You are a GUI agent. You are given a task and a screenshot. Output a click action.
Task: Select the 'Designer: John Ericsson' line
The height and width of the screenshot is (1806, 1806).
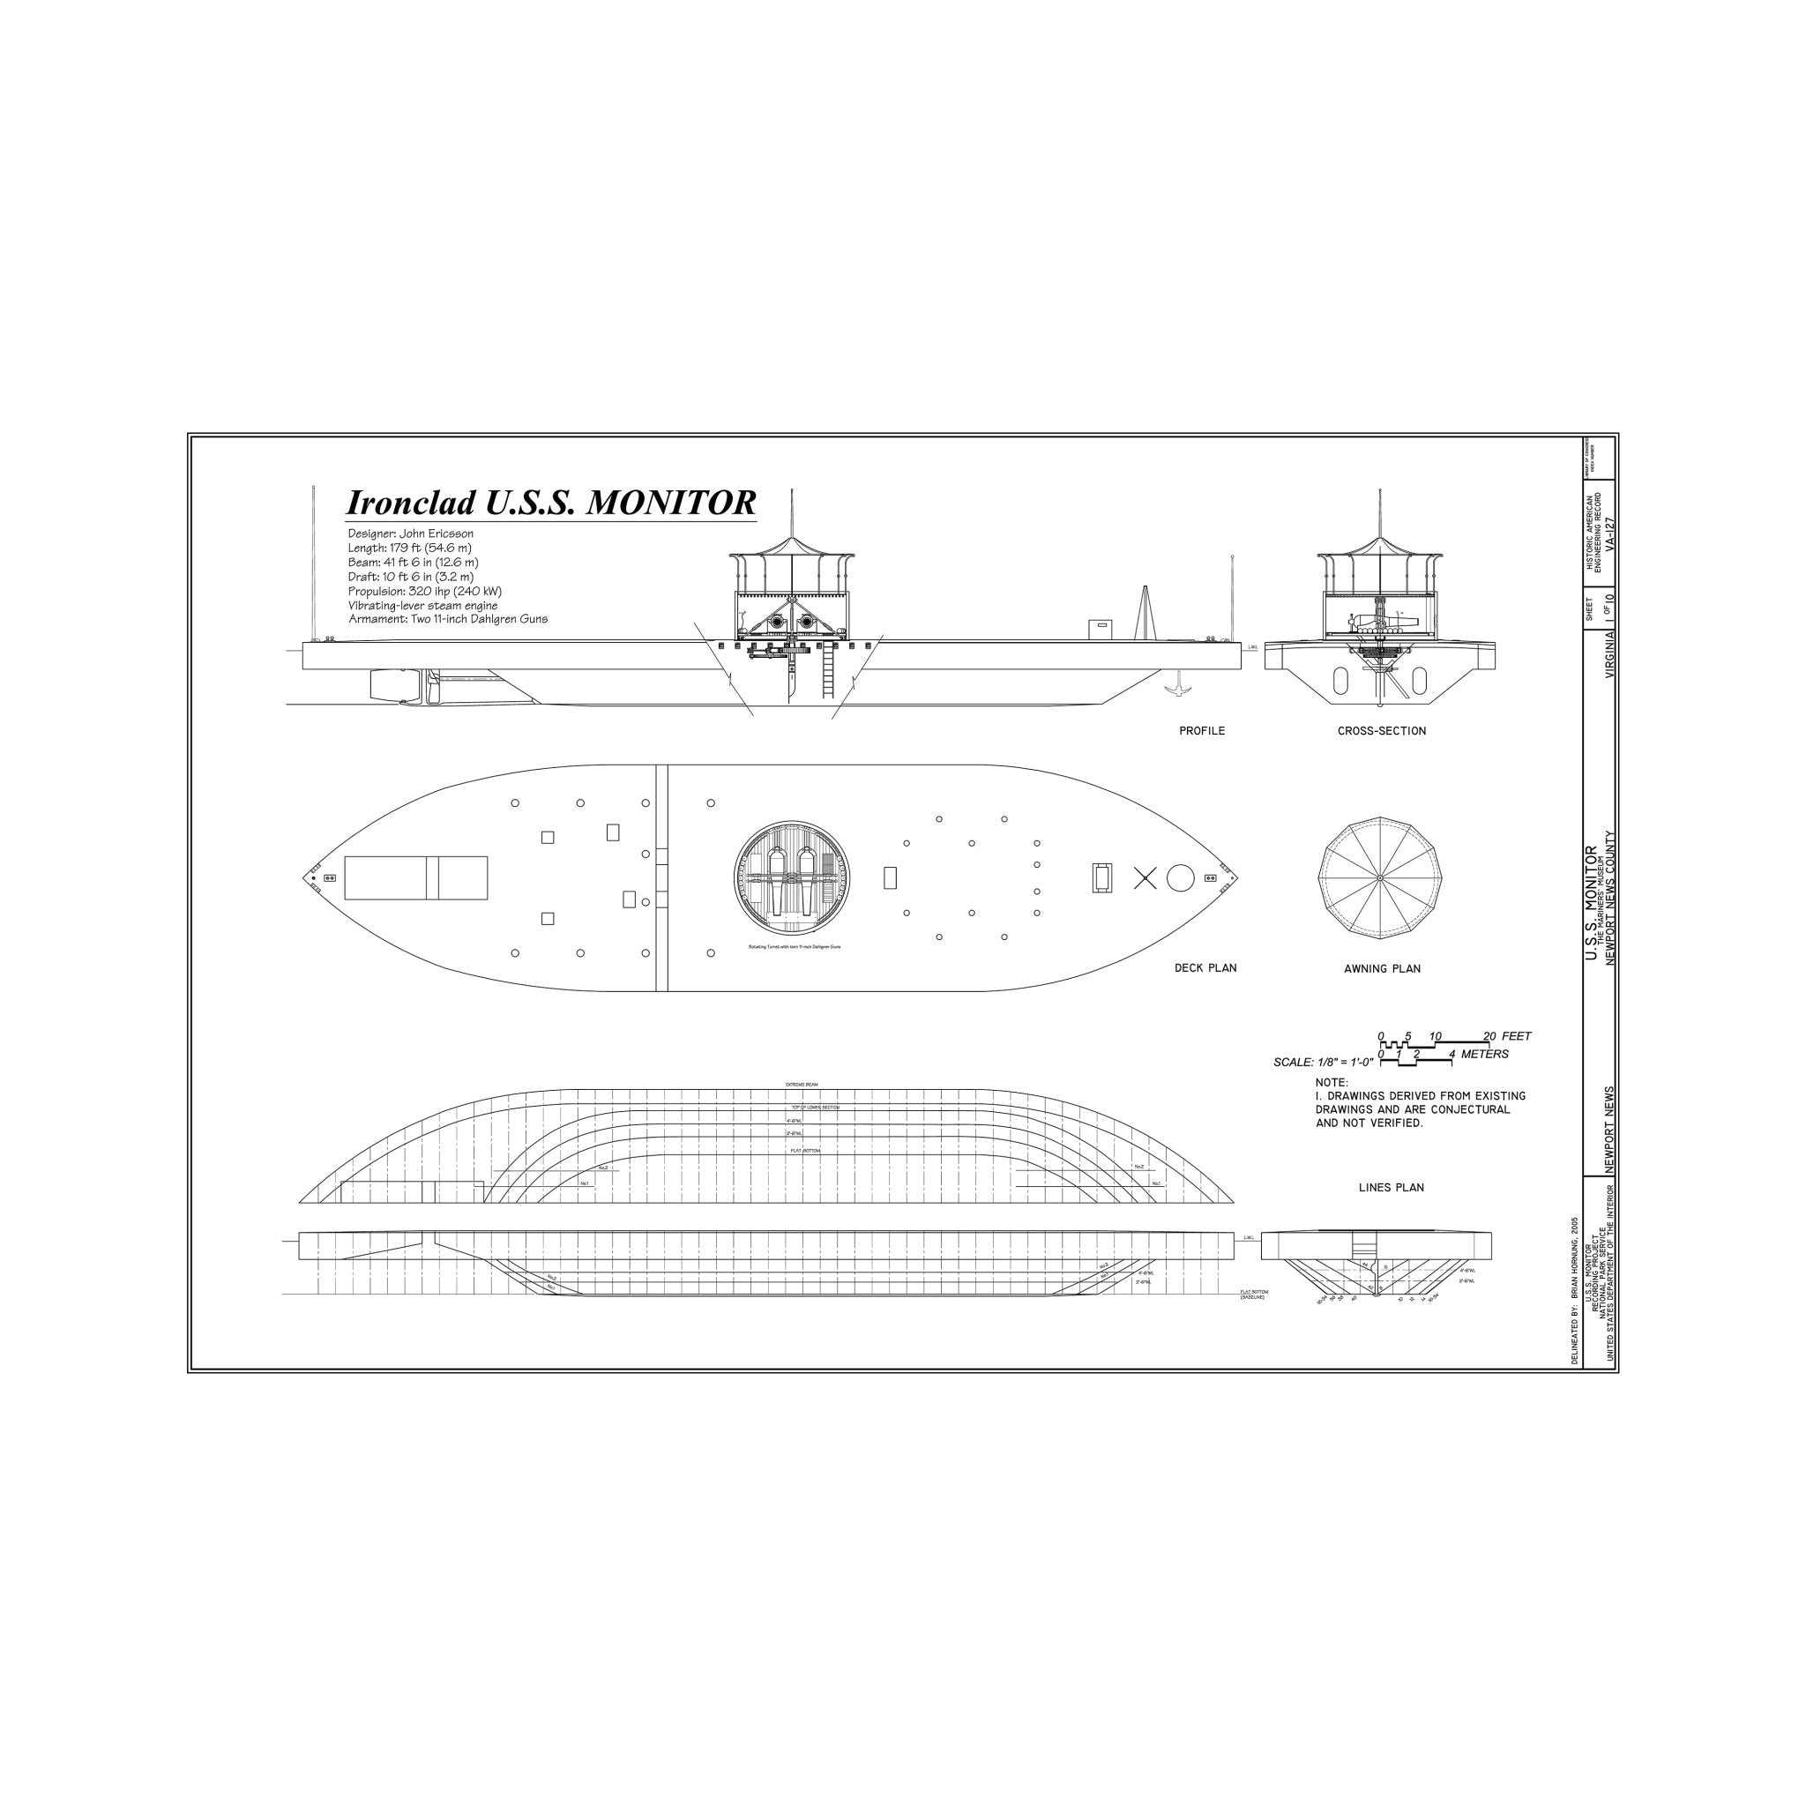pos(410,534)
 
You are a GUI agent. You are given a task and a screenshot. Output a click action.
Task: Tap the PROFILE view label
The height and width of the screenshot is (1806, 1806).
pos(1201,731)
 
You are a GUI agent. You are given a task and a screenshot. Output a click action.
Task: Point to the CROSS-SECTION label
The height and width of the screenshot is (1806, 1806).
pos(1381,731)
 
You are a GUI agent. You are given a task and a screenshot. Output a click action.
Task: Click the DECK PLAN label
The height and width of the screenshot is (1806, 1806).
pos(1205,967)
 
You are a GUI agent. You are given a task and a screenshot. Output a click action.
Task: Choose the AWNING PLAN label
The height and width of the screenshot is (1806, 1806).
pos(1382,968)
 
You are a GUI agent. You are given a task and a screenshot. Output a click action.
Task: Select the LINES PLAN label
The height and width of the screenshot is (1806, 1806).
pos(1391,1187)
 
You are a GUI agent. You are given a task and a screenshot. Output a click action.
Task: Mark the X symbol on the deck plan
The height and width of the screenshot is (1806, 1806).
pos(1146,877)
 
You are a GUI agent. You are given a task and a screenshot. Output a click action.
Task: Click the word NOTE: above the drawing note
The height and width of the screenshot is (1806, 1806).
pos(1332,1083)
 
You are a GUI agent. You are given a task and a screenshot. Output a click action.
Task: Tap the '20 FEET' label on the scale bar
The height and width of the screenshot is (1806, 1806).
pos(1507,1036)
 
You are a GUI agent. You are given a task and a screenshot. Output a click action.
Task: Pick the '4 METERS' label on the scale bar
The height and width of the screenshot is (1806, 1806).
pos(1479,1054)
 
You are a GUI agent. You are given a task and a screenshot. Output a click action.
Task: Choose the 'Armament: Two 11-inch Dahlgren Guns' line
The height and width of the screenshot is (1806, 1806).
pos(448,619)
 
